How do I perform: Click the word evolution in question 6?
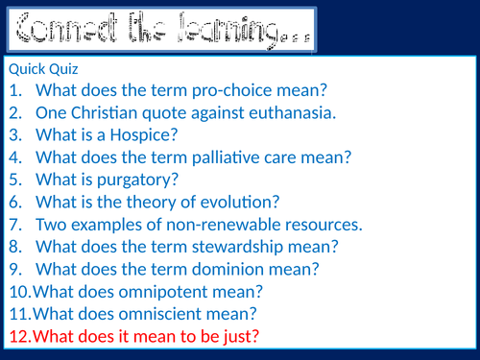pos(236,202)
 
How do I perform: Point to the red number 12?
pos(19,336)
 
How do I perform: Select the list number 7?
pos(14,225)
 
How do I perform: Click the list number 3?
pos(14,135)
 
